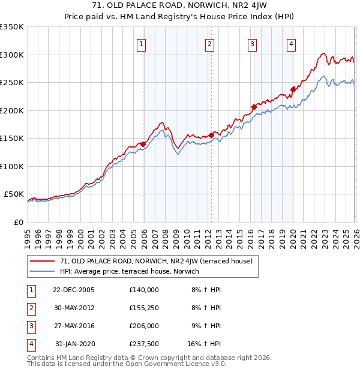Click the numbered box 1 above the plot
(x=141, y=43)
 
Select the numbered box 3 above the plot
(x=252, y=43)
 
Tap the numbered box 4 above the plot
(x=291, y=43)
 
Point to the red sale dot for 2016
(x=254, y=107)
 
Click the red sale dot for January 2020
(x=293, y=89)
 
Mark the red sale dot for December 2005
(x=143, y=144)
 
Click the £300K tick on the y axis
(x=12, y=55)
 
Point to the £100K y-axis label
(x=12, y=166)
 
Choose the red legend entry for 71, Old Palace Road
(x=160, y=261)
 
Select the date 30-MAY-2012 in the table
(x=74, y=307)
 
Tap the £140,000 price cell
(x=143, y=289)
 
